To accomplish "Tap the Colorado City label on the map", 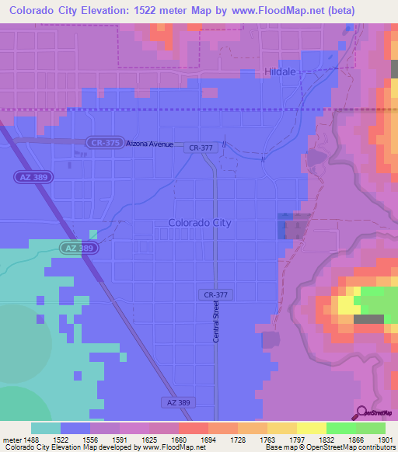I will click(x=199, y=223).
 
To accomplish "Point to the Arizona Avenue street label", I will click(x=150, y=144).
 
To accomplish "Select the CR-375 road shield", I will click(x=104, y=143).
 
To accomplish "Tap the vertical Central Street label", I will click(x=217, y=322).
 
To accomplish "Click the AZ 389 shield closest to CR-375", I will click(x=30, y=178).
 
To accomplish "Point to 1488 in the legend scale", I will click(x=28, y=439).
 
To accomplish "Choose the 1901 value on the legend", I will click(x=385, y=439).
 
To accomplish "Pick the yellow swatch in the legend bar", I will click(x=311, y=428).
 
